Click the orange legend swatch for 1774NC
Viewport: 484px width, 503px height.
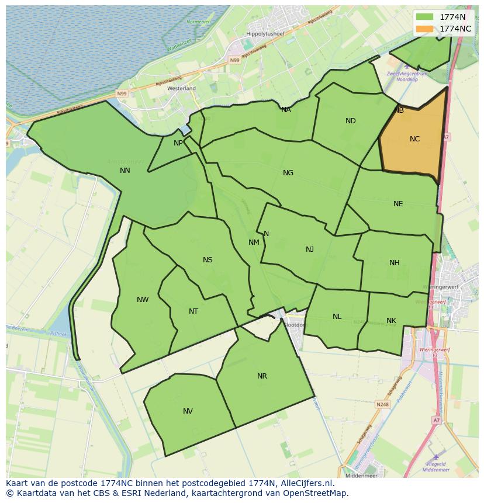coord(424,29)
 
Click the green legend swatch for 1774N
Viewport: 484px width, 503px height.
coord(424,17)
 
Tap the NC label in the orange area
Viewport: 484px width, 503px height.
coord(414,139)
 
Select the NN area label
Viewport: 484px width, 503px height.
coord(125,171)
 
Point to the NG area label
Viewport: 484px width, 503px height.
coord(288,173)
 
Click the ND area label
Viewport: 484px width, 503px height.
coord(351,121)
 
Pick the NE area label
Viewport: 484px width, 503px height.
coord(398,204)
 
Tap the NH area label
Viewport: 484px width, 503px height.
coord(395,263)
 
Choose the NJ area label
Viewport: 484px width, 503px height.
coord(310,249)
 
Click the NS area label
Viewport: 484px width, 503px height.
coord(208,260)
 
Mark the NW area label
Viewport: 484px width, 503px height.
coord(143,300)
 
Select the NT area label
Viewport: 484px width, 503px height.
coord(193,311)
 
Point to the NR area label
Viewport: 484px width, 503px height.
coord(262,376)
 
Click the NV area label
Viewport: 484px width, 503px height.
coord(188,411)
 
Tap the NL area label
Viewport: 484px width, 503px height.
coord(337,317)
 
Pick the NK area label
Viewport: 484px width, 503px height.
coord(392,321)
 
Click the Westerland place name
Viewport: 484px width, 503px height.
coord(181,88)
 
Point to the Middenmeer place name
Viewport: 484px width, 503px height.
coord(362,476)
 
